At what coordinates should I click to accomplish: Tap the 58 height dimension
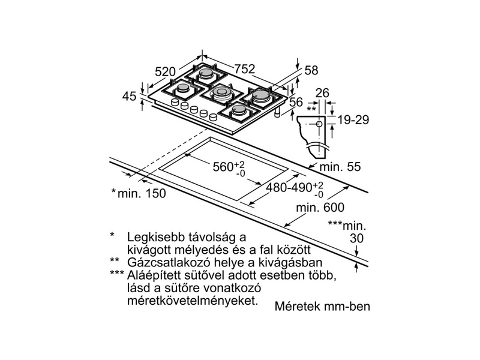point(311,70)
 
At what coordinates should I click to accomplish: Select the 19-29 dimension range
point(352,120)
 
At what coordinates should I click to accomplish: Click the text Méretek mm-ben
point(323,307)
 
